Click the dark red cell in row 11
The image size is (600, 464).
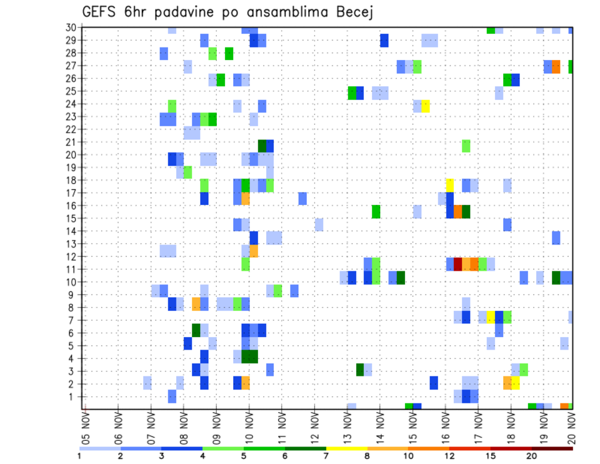click(457, 263)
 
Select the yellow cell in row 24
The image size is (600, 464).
click(425, 106)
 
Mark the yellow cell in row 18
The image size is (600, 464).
click(449, 184)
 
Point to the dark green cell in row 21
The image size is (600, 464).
click(262, 146)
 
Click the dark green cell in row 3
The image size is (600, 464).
click(360, 370)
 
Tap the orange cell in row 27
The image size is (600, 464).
click(556, 66)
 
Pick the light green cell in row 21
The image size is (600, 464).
click(466, 146)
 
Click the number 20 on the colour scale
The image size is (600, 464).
click(531, 455)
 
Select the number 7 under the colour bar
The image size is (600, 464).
click(326, 455)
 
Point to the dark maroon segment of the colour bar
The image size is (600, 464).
click(552, 448)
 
